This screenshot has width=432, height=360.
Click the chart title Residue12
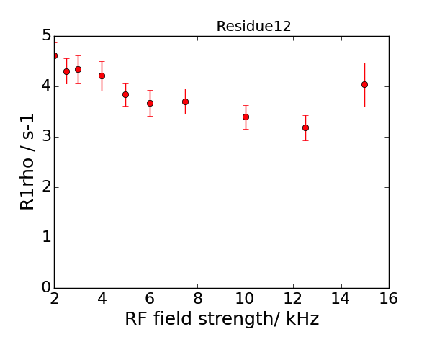[x=253, y=27]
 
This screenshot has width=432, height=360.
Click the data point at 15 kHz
[x=365, y=84]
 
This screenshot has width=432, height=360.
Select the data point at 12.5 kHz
[x=305, y=127]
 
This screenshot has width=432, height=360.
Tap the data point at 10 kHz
[x=246, y=117]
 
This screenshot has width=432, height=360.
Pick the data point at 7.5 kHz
[x=186, y=102]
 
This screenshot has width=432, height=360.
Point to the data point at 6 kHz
[x=150, y=103]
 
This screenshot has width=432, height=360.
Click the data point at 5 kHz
[x=125, y=94]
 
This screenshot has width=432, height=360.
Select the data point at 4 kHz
[x=102, y=76]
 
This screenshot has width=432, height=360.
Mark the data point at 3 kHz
[x=78, y=69]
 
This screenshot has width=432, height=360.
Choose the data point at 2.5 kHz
[x=66, y=71]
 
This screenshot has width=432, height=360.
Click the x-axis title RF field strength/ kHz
[x=222, y=318]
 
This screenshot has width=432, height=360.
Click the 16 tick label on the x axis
[x=389, y=299]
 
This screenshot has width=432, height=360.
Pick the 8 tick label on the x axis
[x=197, y=299]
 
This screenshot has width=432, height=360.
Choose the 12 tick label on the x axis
[x=293, y=299]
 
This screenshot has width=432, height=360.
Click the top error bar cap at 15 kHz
[x=365, y=63]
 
